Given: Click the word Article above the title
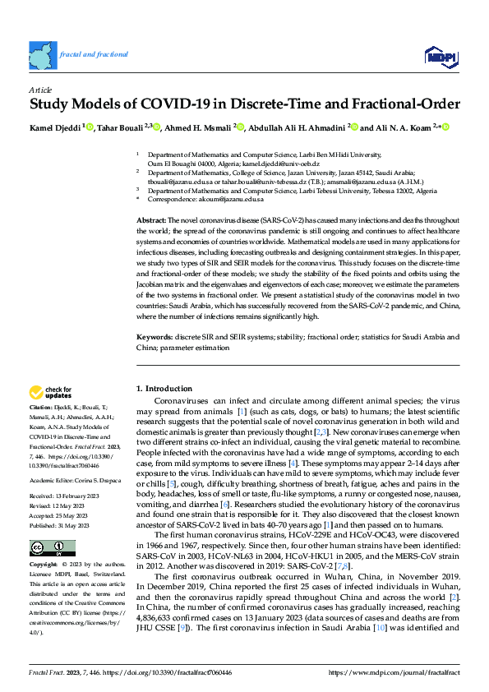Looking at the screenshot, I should [40, 89].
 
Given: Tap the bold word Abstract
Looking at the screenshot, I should [150, 222].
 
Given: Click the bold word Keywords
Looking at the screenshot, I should [154, 338].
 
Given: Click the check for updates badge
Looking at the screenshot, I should [51, 393].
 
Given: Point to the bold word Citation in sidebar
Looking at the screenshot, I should [41, 407].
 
